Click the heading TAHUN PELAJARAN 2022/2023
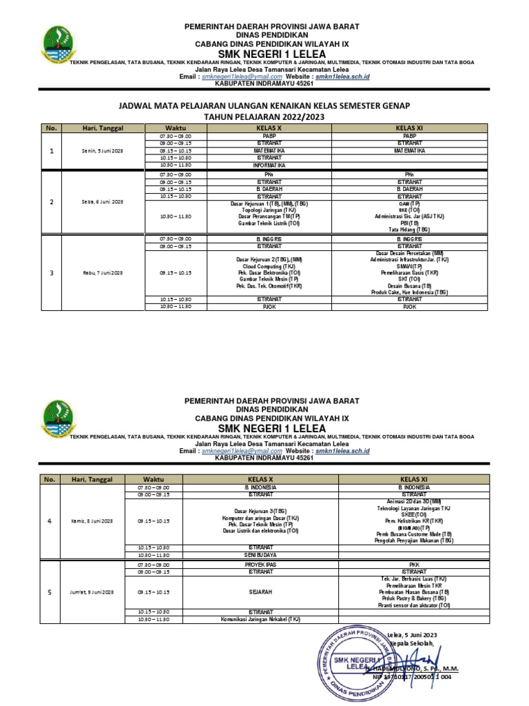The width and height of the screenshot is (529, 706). click(264, 117)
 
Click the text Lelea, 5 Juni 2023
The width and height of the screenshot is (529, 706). click(413, 634)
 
